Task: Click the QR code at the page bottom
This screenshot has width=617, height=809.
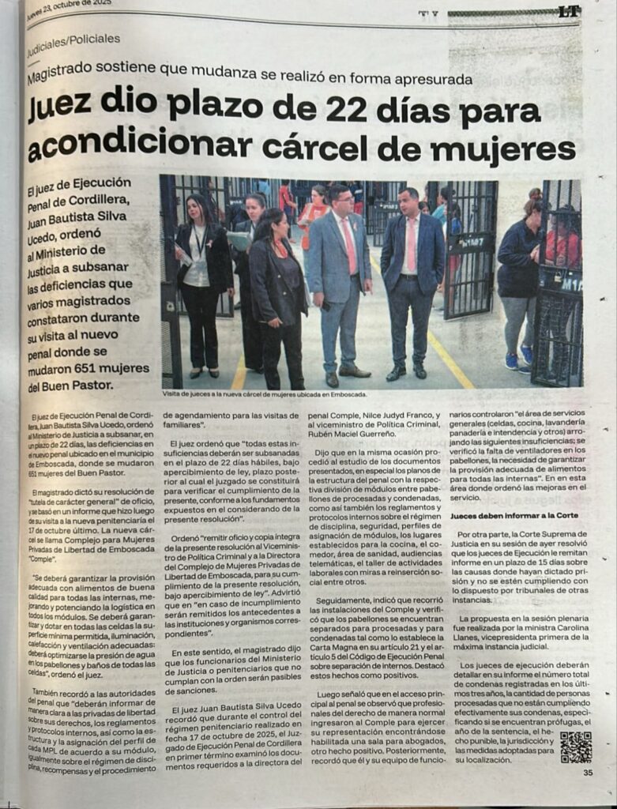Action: (575, 747)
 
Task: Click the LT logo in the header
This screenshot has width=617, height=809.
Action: (569, 11)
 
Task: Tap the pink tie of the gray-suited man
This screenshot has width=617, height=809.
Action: (348, 246)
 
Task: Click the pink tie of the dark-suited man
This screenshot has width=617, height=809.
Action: (411, 245)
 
